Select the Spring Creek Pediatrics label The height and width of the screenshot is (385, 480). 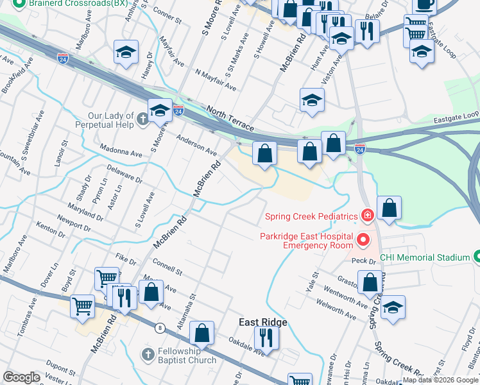(x=310, y=215)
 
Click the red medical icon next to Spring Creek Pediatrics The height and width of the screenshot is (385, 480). (x=367, y=215)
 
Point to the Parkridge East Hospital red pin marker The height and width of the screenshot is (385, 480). (x=363, y=241)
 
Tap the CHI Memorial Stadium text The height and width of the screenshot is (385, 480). (x=425, y=257)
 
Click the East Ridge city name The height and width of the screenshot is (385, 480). (x=262, y=322)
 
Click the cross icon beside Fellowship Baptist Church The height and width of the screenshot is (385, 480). (x=148, y=354)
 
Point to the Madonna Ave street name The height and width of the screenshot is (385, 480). (x=120, y=154)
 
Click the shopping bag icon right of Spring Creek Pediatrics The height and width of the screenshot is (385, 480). (x=389, y=208)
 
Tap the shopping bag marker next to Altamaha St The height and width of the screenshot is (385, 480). (x=201, y=332)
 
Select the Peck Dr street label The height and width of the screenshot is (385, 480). (x=363, y=261)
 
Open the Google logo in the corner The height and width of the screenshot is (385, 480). (x=22, y=377)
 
